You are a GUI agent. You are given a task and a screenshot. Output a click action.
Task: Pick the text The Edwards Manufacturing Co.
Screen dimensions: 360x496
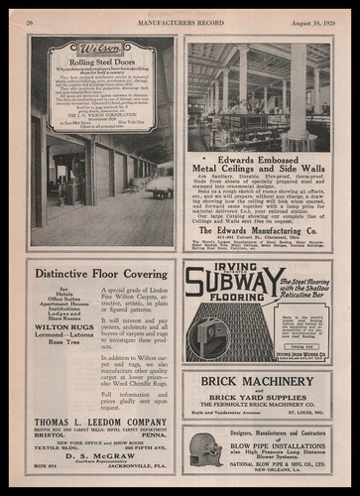(259, 228)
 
